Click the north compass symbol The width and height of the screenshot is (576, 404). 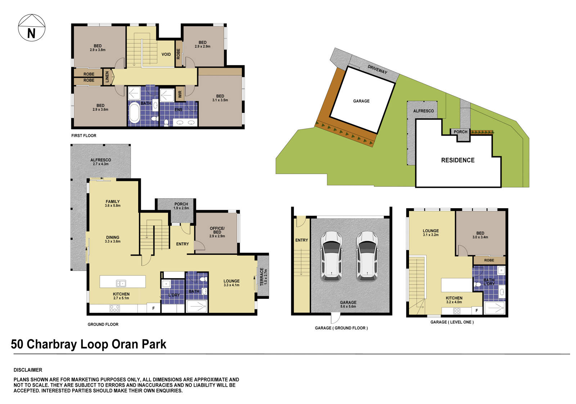[32, 28]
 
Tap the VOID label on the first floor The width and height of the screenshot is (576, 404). [166, 54]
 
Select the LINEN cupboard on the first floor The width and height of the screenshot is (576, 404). [107, 77]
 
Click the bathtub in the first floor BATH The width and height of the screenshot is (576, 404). [134, 113]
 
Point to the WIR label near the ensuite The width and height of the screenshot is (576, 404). [180, 94]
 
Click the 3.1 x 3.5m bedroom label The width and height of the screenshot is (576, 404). [220, 98]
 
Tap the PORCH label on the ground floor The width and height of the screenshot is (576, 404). [181, 205]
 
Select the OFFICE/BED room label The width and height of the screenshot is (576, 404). [217, 232]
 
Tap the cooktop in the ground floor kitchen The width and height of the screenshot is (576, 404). [114, 308]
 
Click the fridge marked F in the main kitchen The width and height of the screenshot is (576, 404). [154, 308]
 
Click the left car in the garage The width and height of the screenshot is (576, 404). [331, 256]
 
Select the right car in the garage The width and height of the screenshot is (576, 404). [366, 256]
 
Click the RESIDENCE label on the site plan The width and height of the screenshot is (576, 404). [458, 160]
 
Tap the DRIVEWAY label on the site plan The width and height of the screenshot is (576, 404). [377, 69]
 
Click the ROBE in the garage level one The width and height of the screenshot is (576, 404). [489, 260]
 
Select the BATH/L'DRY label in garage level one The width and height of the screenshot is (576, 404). [489, 282]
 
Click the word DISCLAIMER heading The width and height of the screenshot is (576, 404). [28, 370]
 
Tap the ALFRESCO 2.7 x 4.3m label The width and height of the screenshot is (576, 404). [100, 161]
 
